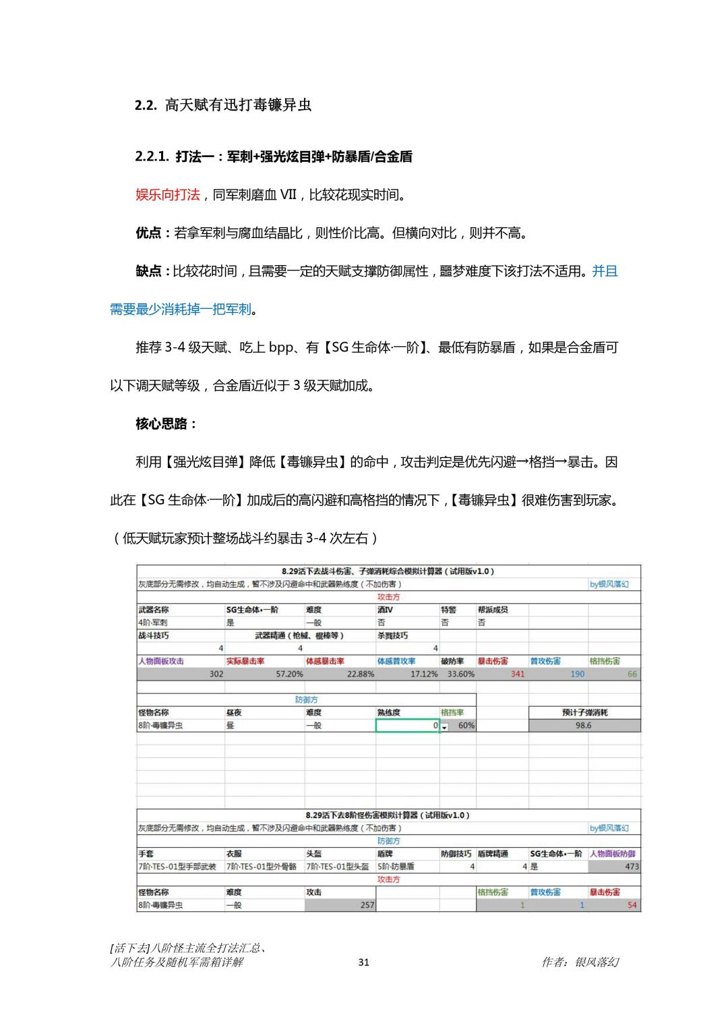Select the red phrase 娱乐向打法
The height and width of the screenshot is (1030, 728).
(x=168, y=195)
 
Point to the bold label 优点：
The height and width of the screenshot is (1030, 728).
(x=154, y=233)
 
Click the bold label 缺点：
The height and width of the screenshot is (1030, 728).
(x=154, y=271)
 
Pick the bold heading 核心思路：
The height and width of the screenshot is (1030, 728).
(x=166, y=424)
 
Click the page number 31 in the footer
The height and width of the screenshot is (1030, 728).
(x=363, y=962)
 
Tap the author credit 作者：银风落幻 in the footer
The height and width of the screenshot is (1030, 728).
(x=580, y=962)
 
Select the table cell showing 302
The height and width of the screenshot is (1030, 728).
(x=216, y=674)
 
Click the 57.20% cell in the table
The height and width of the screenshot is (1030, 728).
(x=289, y=674)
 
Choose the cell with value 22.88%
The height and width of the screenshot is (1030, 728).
(x=361, y=674)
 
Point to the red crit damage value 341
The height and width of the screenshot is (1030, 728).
(x=517, y=674)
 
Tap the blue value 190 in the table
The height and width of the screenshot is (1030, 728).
(x=577, y=674)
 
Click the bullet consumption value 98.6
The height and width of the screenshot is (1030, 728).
(x=583, y=725)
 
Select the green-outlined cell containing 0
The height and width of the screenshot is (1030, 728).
(x=407, y=725)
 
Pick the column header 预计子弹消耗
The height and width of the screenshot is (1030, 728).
(x=584, y=712)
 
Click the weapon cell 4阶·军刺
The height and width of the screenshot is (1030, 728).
(x=153, y=623)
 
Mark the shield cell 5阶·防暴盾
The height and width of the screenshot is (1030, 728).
(x=396, y=867)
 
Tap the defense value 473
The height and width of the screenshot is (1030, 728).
(x=631, y=867)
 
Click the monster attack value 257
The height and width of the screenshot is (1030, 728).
(x=366, y=905)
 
